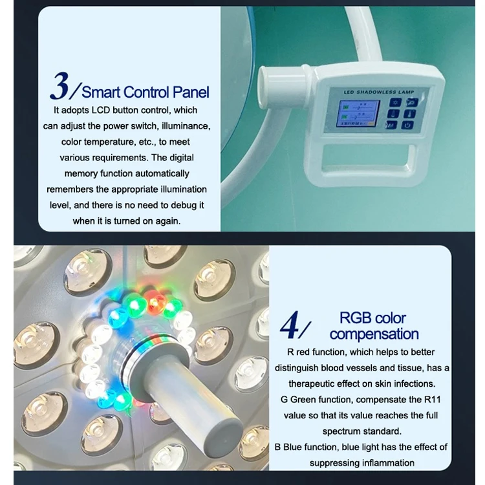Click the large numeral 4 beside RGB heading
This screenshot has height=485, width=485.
(291, 327)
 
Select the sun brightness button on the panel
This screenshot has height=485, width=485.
(392, 102)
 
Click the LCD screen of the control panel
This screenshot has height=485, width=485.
(359, 113)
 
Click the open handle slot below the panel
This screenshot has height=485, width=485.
(373, 156)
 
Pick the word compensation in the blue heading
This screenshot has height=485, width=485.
(374, 334)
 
